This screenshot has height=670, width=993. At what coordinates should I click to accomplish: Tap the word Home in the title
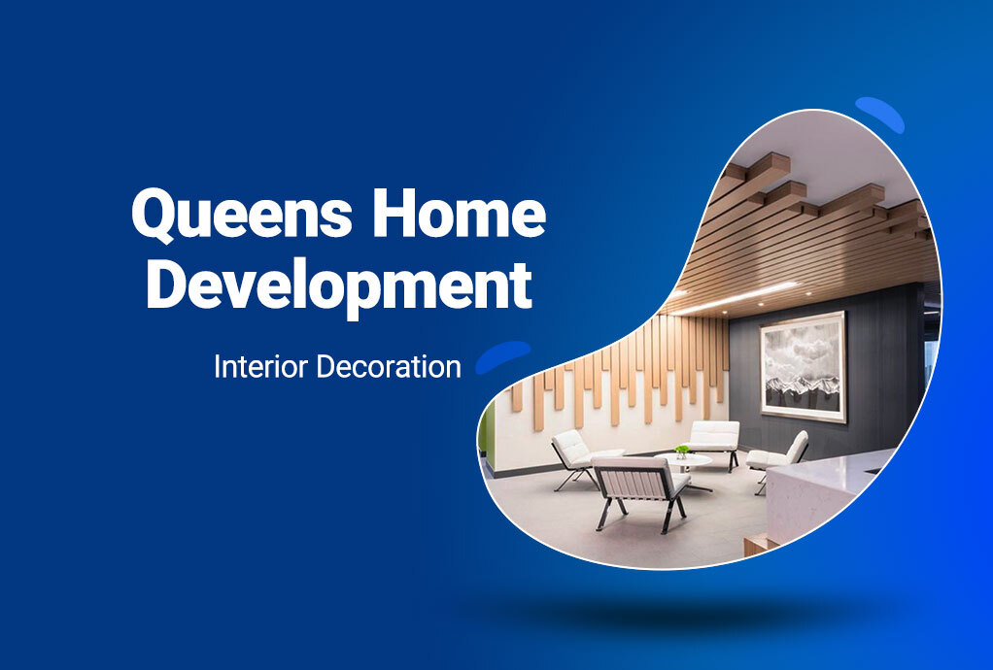[x=460, y=214]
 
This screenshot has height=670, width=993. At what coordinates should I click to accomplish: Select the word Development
[x=339, y=286]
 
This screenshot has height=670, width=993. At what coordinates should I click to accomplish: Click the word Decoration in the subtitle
[x=389, y=366]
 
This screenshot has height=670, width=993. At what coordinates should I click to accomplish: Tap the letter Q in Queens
[x=155, y=216]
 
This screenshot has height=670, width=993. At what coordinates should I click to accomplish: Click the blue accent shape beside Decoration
[x=503, y=356]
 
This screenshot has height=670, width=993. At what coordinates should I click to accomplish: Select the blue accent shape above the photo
[x=879, y=114]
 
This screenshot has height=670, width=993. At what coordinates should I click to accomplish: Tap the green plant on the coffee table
[x=682, y=452]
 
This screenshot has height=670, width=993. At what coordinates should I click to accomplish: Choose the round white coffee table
[x=684, y=465]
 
